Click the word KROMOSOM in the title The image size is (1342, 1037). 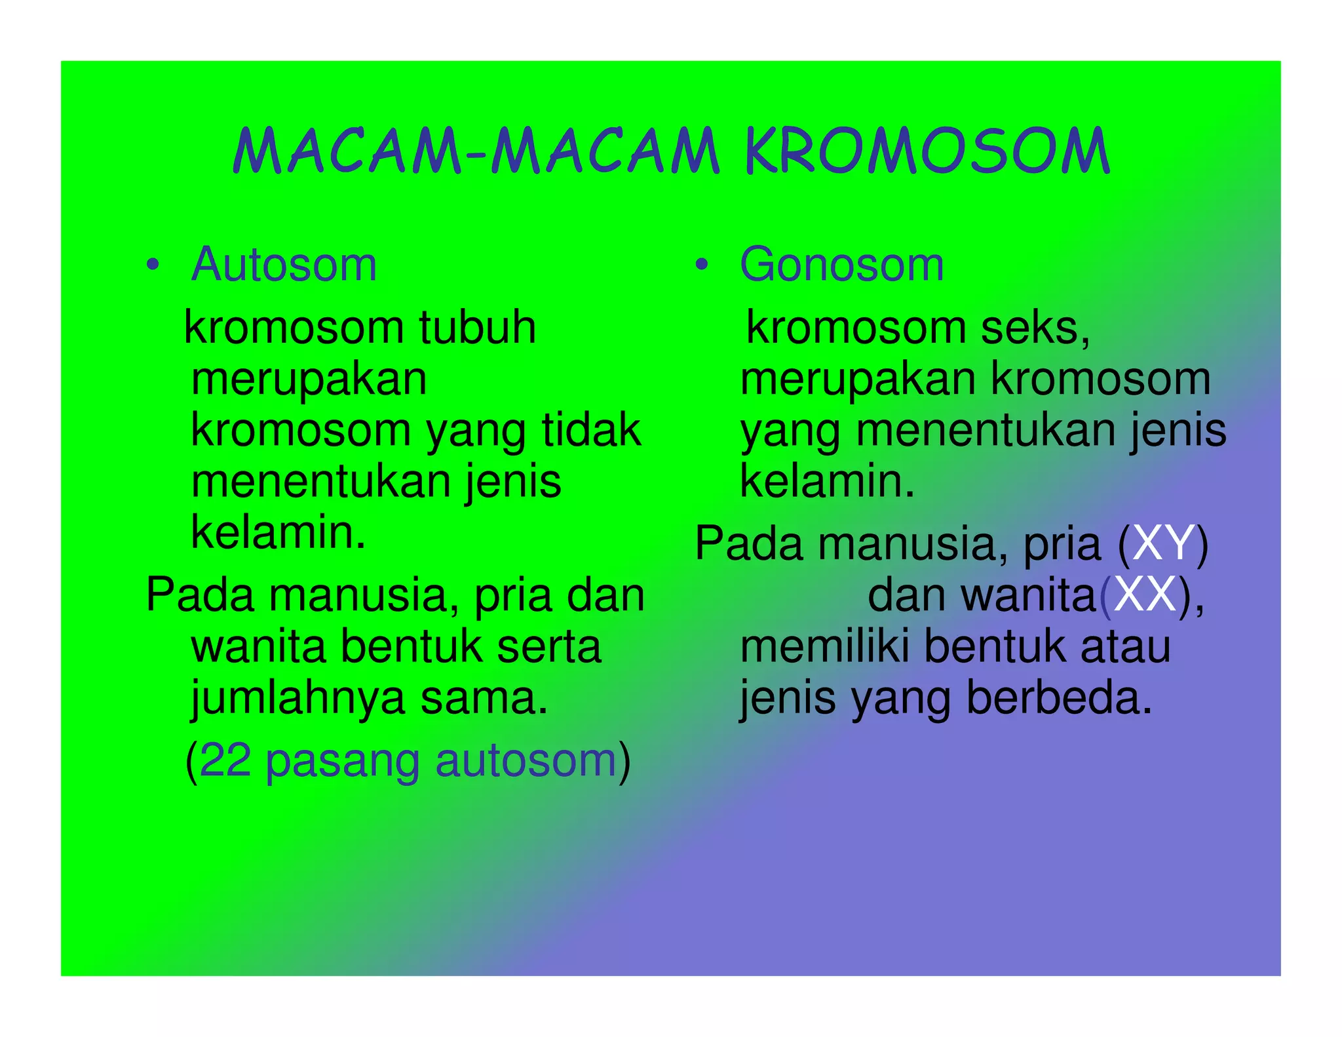coord(927,151)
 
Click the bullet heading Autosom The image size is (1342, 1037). coord(284,265)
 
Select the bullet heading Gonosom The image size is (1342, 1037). coord(841,265)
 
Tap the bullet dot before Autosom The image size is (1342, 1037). coord(153,265)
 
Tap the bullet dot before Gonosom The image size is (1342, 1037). coord(702,265)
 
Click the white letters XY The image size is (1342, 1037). coord(1162,543)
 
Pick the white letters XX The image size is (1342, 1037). coord(1144,595)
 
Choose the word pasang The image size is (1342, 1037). coord(342,762)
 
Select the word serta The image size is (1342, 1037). coord(548,647)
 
